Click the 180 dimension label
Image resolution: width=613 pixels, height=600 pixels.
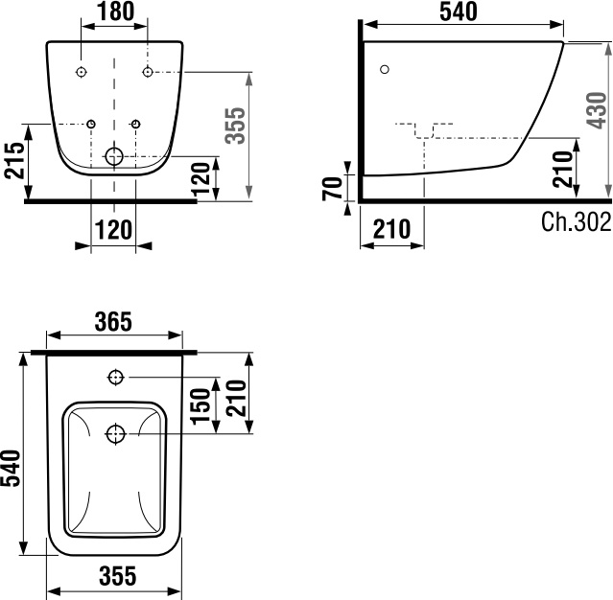[x=115, y=12]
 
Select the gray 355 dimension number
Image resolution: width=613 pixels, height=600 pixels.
[x=237, y=126]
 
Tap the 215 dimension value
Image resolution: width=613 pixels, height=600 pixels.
[x=14, y=161]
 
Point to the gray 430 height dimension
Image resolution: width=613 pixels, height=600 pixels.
[x=597, y=110]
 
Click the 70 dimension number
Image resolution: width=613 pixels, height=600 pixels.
[x=332, y=189]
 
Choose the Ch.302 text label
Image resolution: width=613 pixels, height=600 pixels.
[x=576, y=221]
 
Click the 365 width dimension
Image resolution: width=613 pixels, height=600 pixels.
[x=113, y=322]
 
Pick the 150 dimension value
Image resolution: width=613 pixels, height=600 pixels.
[x=200, y=405]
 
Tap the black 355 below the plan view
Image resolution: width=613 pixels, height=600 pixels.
[x=118, y=575]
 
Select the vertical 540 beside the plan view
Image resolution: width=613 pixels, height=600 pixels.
[x=11, y=469]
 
